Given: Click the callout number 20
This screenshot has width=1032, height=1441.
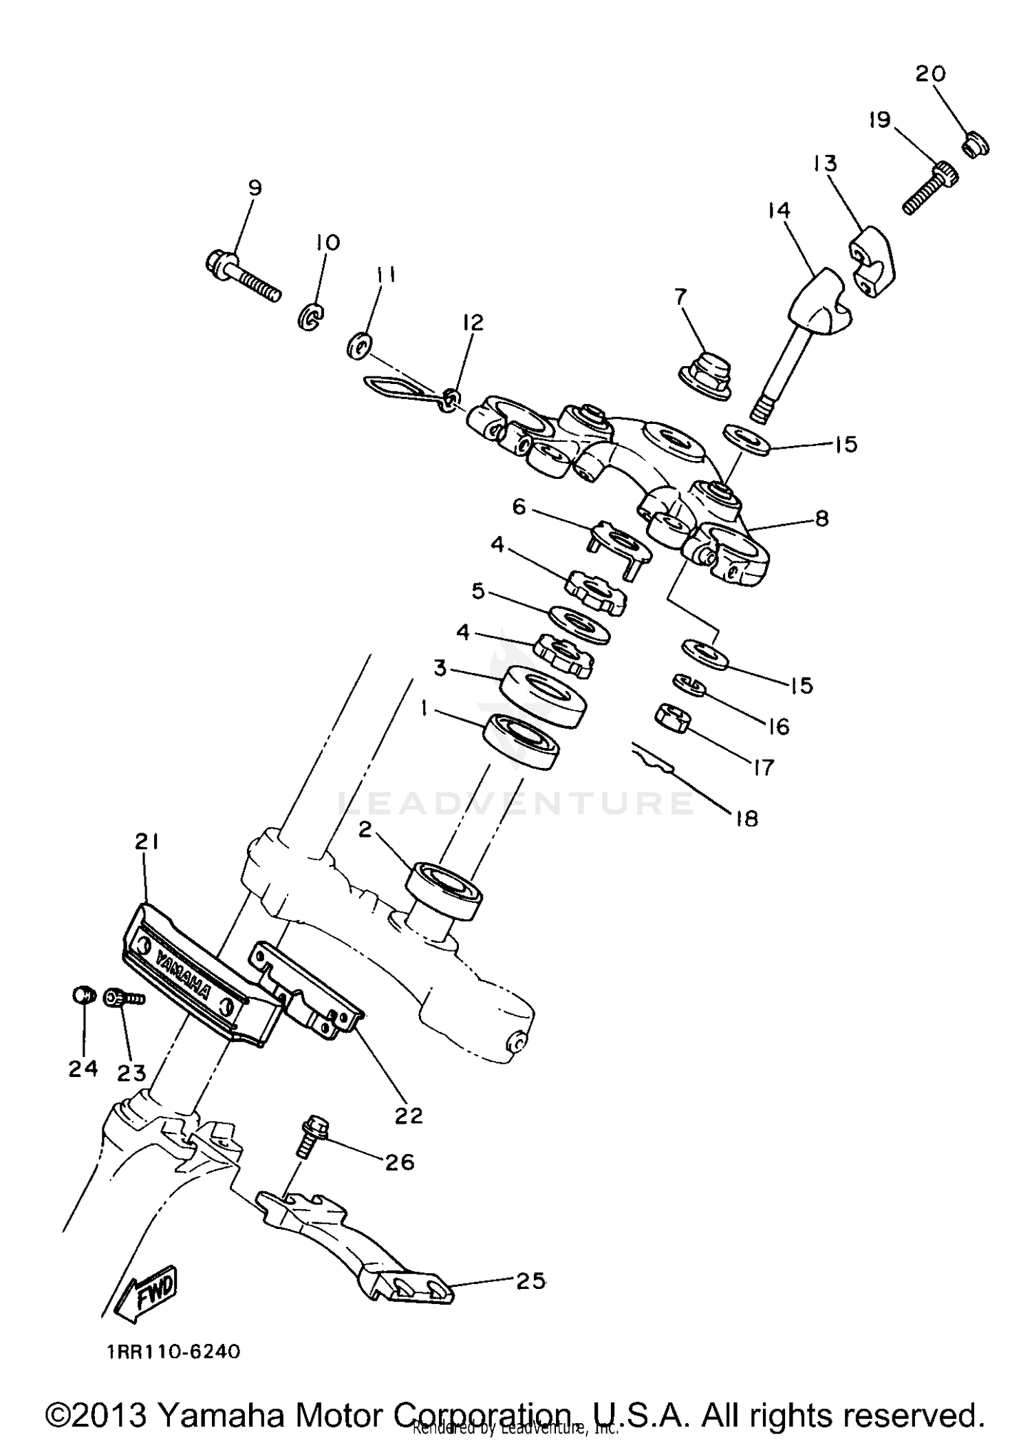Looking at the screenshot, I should pos(930,74).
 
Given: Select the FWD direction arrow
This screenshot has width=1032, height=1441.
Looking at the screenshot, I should pos(147,1296).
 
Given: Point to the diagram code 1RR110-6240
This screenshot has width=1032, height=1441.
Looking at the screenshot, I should pos(173,1351).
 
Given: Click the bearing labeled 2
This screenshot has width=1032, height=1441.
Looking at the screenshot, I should pos(444,890).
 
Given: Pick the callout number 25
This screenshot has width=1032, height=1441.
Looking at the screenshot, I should pos(530,1281).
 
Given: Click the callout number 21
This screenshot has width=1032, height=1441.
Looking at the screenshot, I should pos(147,842).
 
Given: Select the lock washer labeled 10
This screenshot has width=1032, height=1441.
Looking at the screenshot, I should pos(312,317).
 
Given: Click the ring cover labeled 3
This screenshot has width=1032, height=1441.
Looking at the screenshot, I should pos(543,696).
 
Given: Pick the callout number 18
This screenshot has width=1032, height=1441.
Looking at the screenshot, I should pos(746,818).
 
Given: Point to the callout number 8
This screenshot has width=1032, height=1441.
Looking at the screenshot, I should pos(821,518).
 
